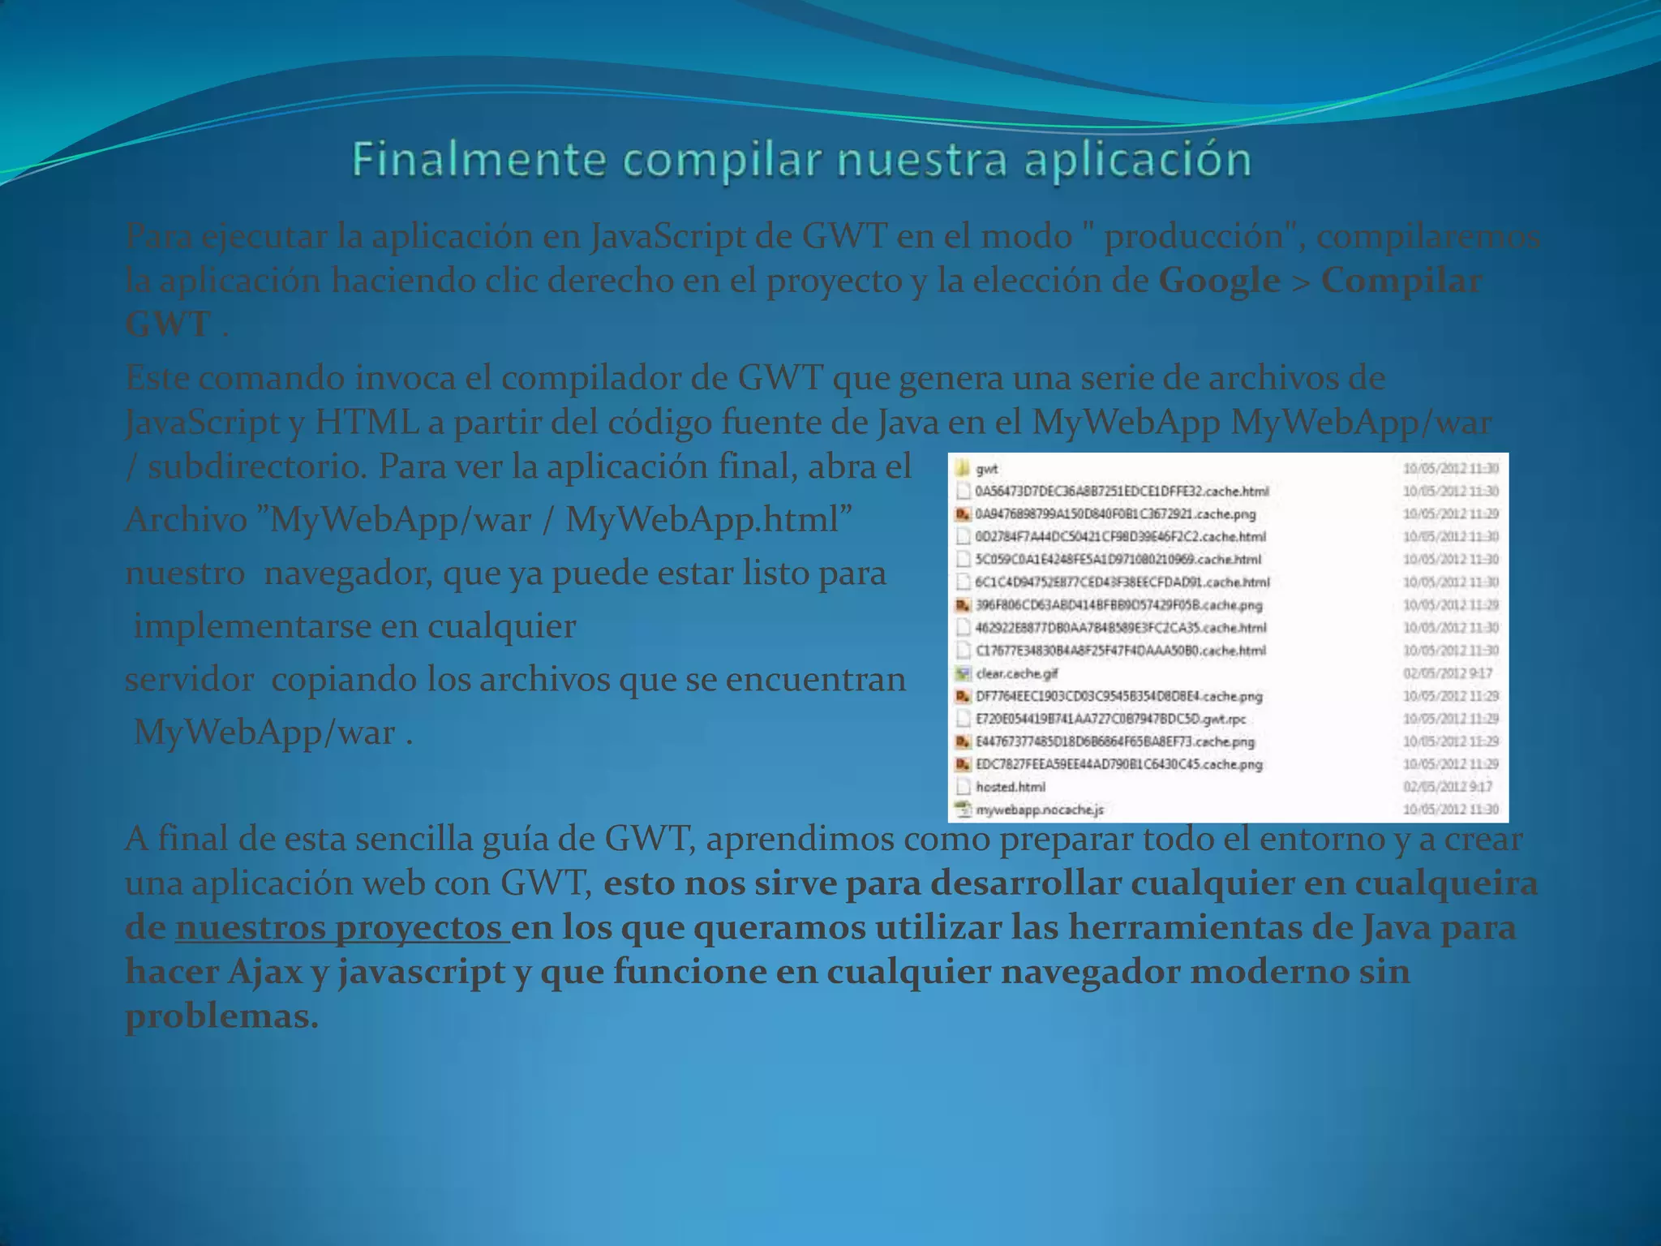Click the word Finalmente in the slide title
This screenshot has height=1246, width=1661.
(479, 159)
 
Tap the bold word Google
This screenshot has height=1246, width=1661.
(1219, 281)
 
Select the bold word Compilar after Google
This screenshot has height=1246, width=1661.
(1401, 281)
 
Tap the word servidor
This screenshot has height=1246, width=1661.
(189, 680)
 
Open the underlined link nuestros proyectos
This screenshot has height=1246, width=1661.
(341, 928)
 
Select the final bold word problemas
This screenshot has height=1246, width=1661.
(221, 1016)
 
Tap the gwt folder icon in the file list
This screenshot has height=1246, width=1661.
(963, 468)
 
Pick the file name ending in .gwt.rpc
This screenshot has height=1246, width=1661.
(1110, 719)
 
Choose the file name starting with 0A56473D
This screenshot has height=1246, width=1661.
(1122, 491)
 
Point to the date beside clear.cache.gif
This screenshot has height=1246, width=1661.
(1448, 673)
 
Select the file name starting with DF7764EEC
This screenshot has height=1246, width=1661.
(1118, 696)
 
